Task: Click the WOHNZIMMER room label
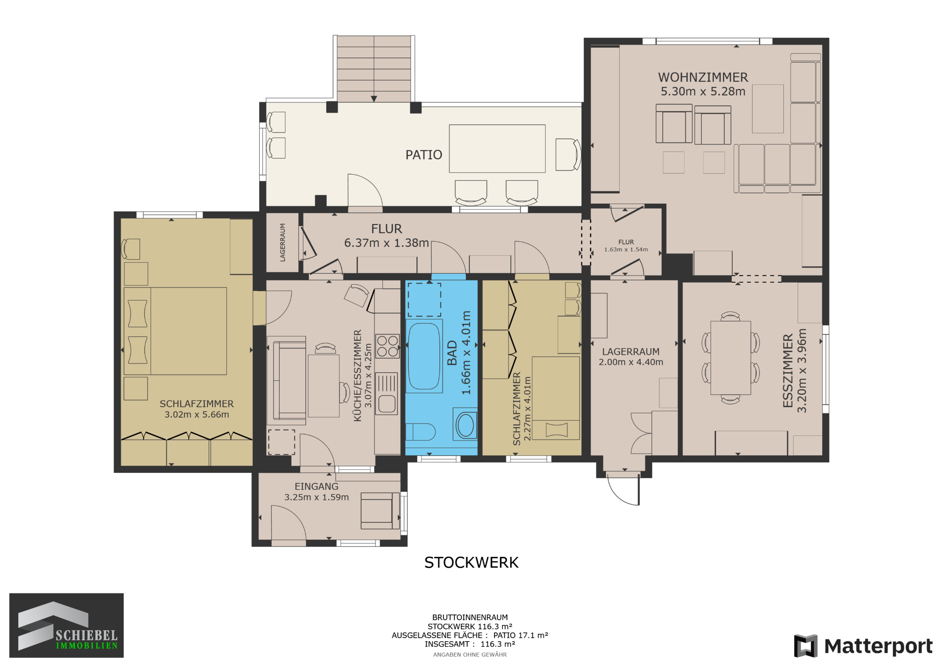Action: coord(703,77)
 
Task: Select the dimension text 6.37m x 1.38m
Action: coord(387,243)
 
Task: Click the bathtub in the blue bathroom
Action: coord(424,356)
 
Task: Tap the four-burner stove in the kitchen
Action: coord(387,346)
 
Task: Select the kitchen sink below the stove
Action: coord(387,393)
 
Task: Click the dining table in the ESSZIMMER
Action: coord(731,358)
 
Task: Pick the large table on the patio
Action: coord(497,149)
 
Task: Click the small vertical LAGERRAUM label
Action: coord(283,242)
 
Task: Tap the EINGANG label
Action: coord(316,486)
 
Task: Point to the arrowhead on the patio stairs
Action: coord(374,99)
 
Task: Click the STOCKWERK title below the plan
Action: coord(471,563)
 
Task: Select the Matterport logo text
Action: coord(878,646)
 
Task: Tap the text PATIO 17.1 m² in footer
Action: coord(520,635)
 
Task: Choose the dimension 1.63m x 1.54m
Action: coord(626,249)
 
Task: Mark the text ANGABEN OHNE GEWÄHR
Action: coord(470,655)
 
